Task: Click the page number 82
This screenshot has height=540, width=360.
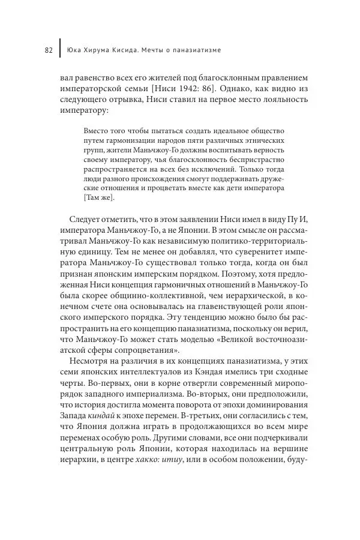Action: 49,50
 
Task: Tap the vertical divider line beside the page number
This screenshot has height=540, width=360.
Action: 60,50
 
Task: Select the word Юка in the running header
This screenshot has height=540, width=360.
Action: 75,50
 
